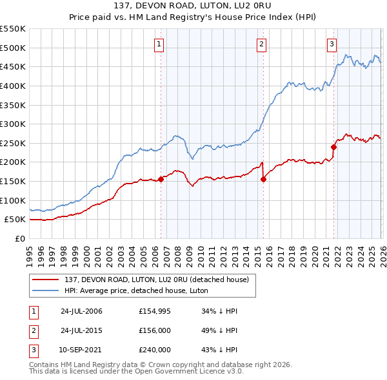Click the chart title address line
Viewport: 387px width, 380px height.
193,5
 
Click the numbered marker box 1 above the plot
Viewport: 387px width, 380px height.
159,44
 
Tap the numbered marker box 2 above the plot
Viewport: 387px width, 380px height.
261,44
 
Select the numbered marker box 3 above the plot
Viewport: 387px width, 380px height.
332,44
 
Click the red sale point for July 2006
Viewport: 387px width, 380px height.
161,180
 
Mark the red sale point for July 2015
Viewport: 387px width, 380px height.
263,179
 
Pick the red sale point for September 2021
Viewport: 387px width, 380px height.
333,147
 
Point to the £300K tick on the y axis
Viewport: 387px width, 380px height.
13,124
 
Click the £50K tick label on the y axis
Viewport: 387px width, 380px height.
15,220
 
